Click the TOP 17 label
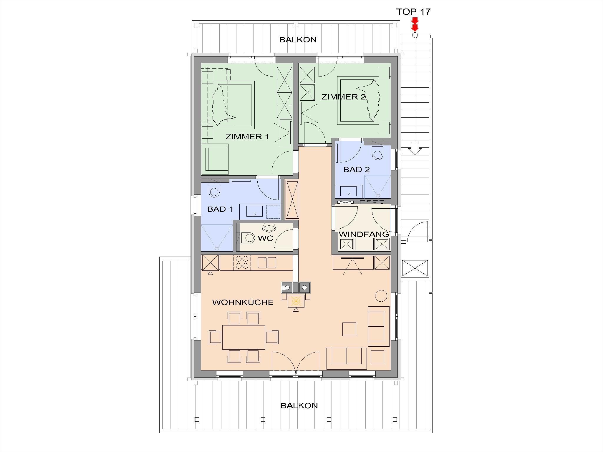(413, 12)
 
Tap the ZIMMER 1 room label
(247, 137)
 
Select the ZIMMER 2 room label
(343, 97)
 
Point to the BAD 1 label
(220, 209)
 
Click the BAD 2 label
(357, 169)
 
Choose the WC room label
(265, 238)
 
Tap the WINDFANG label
(364, 234)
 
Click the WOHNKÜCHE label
(243, 303)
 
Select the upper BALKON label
(298, 40)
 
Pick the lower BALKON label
(299, 406)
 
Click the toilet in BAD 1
(214, 191)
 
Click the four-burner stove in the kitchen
(242, 262)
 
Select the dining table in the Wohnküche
(244, 337)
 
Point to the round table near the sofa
(381, 296)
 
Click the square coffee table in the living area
(349, 329)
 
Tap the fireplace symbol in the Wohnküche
(296, 301)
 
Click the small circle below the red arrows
(415, 35)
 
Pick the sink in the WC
(269, 228)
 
